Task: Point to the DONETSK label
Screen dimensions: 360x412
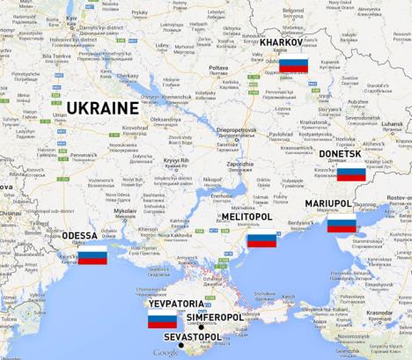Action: coord(339,154)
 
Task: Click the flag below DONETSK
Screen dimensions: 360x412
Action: coord(351,172)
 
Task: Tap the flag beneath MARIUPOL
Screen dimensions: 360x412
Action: coord(342,224)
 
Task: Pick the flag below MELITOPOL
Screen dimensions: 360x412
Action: coord(261,239)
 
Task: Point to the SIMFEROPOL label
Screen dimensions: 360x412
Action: coord(215,317)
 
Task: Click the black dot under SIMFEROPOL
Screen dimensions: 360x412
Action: coord(201,327)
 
